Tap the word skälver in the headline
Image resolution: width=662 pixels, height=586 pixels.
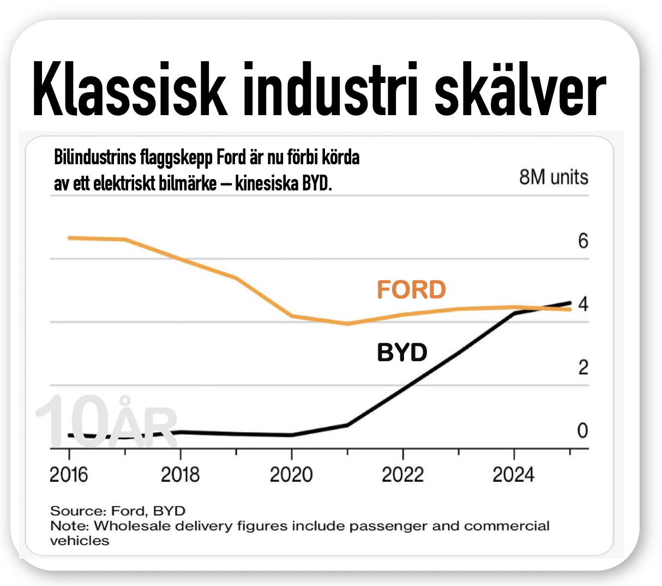pos(520,88)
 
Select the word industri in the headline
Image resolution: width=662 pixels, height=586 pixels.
pos(330,88)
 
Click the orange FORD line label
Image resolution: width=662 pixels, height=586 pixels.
pos(411,290)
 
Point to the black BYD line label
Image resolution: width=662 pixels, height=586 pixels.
pos(402,352)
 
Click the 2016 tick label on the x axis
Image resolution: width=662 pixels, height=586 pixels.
pos(69,475)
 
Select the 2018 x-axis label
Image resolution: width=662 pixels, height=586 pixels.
pos(180,475)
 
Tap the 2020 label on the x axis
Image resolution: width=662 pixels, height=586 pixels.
pos(291,475)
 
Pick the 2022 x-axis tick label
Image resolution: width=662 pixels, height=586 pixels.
pos(402,475)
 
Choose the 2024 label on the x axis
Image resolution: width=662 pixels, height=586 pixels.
pos(514,475)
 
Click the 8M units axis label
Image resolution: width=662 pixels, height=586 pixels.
pos(554,177)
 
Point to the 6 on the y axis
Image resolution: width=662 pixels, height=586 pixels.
pos(583,241)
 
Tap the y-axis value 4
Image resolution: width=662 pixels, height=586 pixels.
pos(583,304)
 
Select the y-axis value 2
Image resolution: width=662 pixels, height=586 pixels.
pos(583,367)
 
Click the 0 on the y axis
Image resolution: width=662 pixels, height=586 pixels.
pos(582,430)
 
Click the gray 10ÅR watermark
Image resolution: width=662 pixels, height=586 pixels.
pos(106,421)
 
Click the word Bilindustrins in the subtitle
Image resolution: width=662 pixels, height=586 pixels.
pos(95,158)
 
